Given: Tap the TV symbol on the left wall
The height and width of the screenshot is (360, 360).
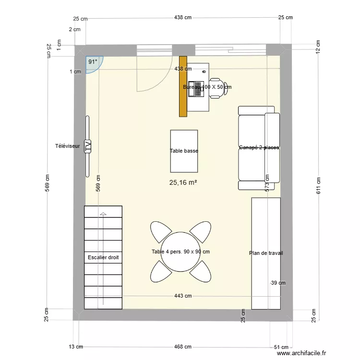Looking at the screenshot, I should coord(88,146).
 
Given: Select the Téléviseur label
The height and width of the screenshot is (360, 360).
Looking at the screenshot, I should coord(67,146).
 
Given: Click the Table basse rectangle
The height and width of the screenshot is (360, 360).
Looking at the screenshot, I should coord(184,151).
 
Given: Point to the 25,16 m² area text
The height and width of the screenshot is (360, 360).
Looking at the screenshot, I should coord(184,182).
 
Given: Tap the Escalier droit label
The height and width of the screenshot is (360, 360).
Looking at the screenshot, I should coord(103,258).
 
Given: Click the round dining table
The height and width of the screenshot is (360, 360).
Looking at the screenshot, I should coord(180,252).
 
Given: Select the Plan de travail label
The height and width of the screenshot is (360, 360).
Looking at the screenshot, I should coord(266,253).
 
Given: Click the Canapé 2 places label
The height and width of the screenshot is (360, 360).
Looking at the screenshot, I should coord(259,148).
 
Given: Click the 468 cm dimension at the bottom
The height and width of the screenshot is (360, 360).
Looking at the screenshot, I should coord(183,347).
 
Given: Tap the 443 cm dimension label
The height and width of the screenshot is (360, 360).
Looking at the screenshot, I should coord(183,296).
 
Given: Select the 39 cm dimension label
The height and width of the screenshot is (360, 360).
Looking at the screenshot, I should coord(278,283).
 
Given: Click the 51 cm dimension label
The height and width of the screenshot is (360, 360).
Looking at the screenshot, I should coord(280,347).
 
